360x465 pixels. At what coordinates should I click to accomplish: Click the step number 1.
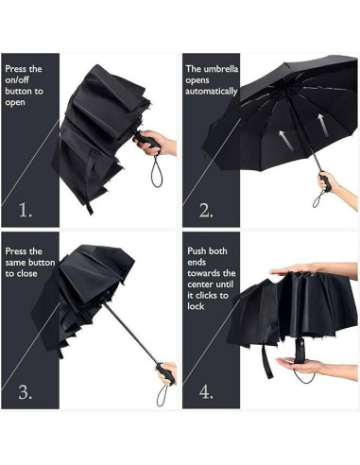(x=26, y=210)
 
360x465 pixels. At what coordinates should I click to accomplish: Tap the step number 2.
(x=206, y=210)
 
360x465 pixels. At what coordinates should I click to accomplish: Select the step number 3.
(x=26, y=392)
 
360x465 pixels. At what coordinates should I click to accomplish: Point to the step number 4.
(x=206, y=392)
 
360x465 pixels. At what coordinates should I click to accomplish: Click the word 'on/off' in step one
(x=17, y=80)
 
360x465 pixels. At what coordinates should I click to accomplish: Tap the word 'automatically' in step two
(x=212, y=92)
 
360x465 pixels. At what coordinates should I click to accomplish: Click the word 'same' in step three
(x=16, y=263)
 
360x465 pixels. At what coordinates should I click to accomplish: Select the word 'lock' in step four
(x=196, y=306)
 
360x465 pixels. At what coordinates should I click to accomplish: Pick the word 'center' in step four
(x=200, y=284)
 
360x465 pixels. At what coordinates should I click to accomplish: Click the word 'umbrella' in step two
(x=221, y=69)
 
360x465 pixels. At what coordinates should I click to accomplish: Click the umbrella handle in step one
(x=146, y=139)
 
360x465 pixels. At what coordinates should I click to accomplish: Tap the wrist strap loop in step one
(x=157, y=172)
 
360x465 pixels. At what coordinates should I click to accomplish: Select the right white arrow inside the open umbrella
(x=322, y=125)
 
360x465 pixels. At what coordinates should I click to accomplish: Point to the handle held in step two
(x=325, y=181)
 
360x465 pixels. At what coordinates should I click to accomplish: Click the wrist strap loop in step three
(x=163, y=395)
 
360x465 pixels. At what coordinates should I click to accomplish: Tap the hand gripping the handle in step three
(x=167, y=373)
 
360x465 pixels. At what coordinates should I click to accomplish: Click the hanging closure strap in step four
(x=266, y=360)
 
